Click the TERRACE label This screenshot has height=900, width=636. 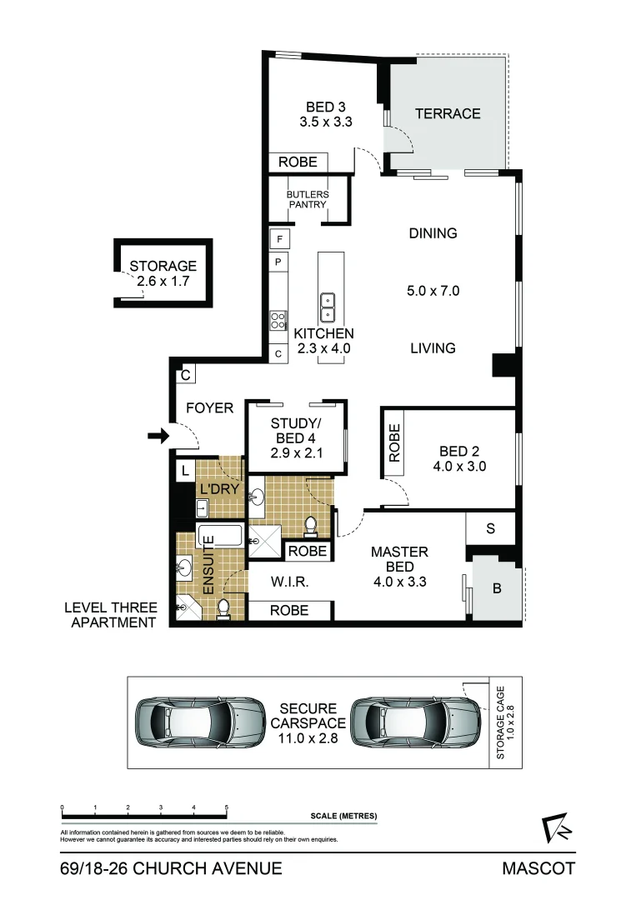click(x=448, y=113)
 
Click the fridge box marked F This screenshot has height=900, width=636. click(x=279, y=240)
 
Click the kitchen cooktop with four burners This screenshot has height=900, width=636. click(x=278, y=320)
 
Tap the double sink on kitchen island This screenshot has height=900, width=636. click(x=329, y=307)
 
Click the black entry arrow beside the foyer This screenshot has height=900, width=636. click(x=157, y=434)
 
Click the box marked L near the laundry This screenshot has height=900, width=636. click(x=183, y=471)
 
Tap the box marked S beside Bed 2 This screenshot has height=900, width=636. click(x=490, y=528)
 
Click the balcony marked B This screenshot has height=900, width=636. click(x=497, y=588)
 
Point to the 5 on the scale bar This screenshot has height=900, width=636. click(x=227, y=808)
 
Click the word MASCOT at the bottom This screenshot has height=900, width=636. click(x=538, y=869)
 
